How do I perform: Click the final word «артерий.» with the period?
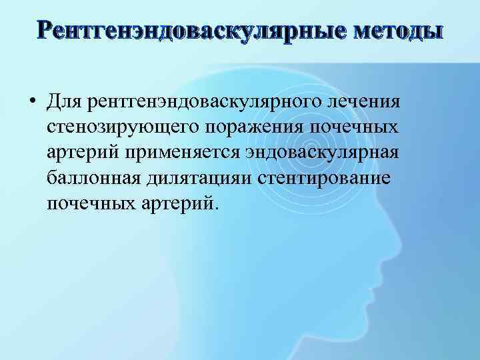coord(180,200)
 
